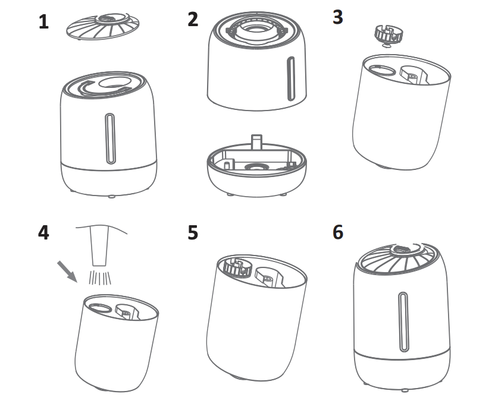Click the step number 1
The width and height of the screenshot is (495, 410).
tap(44, 22)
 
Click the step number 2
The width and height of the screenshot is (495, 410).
tap(193, 20)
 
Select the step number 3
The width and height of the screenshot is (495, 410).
tap(338, 17)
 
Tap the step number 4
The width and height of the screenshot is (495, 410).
tap(43, 233)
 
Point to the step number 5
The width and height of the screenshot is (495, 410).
tap(193, 233)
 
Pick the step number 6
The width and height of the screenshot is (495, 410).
tap(338, 232)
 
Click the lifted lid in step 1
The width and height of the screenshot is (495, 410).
tap(103, 26)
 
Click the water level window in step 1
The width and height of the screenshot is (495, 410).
tap(110, 138)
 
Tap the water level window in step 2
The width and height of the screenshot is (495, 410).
tap(291, 79)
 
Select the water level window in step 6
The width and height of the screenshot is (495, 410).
tap(403, 321)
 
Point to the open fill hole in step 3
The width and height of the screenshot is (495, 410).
tap(382, 71)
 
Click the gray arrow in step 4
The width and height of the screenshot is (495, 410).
tap(67, 272)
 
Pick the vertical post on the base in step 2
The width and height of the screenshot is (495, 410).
tap(256, 142)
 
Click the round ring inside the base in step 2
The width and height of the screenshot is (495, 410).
tap(256, 166)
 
